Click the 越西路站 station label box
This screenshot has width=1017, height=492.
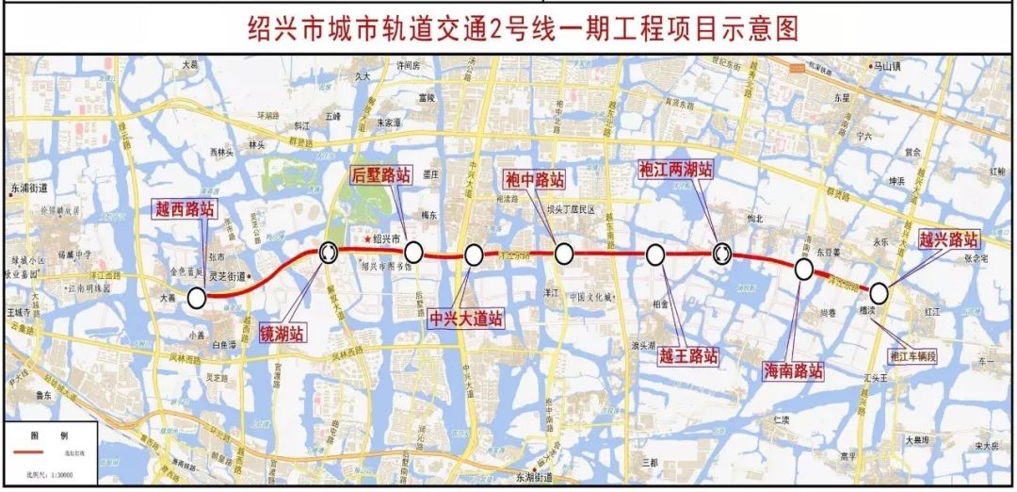click(x=186, y=210)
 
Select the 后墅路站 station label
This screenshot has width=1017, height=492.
click(x=381, y=174)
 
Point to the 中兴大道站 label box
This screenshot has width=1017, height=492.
click(x=465, y=319)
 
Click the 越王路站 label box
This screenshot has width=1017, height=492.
click(x=687, y=355)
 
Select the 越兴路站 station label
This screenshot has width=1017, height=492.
click(x=948, y=239)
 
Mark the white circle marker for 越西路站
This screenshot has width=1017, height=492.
click(x=197, y=298)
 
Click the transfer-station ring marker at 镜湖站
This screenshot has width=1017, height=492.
click(x=330, y=252)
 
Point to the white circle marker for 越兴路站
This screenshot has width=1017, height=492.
click(x=878, y=291)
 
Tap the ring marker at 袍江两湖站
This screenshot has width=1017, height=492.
click(x=722, y=253)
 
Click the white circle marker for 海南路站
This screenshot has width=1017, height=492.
click(x=804, y=270)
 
